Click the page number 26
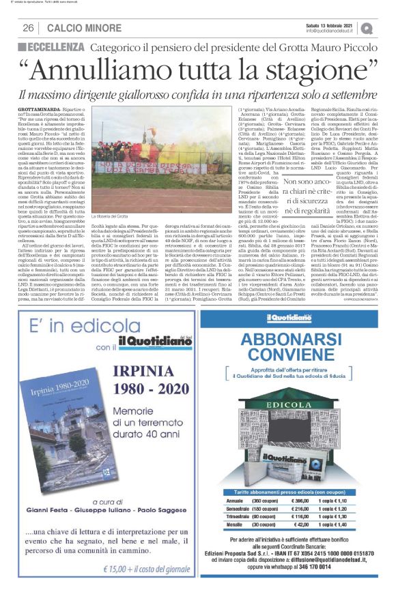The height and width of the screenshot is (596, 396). (x=28, y=27)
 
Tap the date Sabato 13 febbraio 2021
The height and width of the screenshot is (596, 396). (x=333, y=24)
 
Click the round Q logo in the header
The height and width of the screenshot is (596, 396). (x=367, y=27)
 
